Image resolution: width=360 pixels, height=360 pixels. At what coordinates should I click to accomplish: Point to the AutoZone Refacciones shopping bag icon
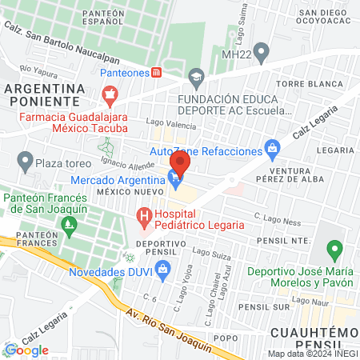[273, 148]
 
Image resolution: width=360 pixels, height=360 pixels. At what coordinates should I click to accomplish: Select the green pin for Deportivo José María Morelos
[337, 248]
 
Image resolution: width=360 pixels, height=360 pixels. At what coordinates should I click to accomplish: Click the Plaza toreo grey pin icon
[25, 163]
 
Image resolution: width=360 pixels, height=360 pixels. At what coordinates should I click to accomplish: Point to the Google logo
[27, 350]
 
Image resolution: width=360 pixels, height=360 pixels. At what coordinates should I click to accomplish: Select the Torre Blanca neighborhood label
[301, 83]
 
